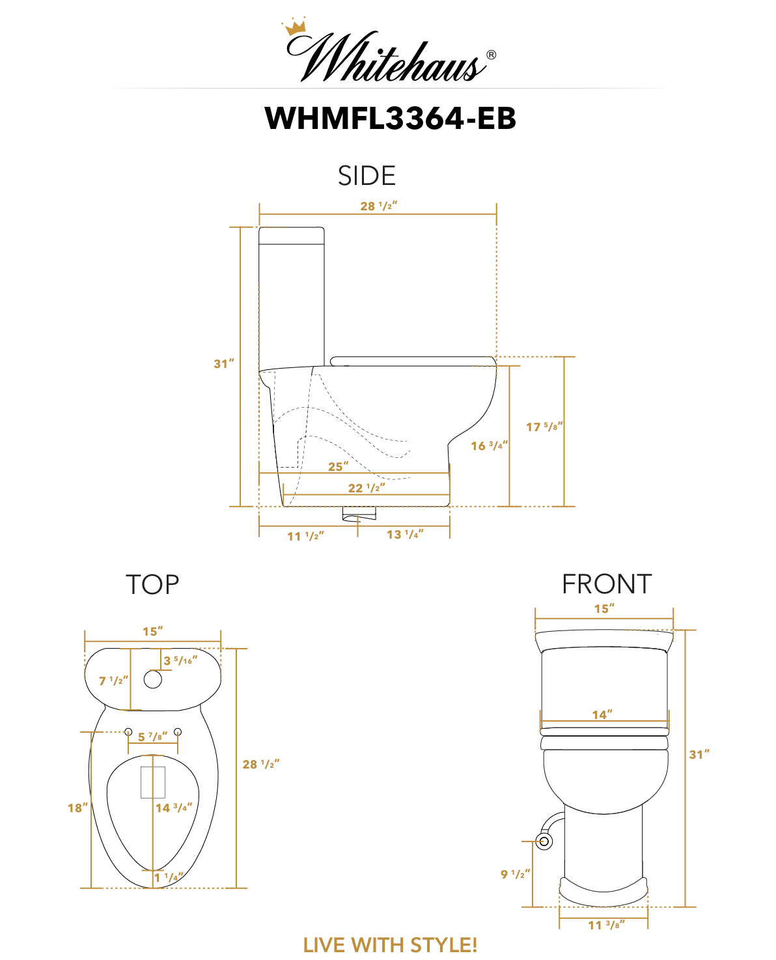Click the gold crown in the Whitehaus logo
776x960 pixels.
pos(294,27)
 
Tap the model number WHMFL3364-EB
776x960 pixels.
pos(390,118)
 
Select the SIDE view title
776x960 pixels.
pos(367,175)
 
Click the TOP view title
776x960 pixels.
pos(152,585)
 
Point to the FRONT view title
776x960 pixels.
pos(607,584)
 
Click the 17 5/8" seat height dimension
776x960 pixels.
pos(544,427)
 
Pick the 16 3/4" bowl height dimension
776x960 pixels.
pos(489,445)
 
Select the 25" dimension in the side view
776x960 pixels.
pos(338,466)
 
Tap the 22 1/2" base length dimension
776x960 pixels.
pos(367,488)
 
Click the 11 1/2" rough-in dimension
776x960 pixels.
pos(305,536)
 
